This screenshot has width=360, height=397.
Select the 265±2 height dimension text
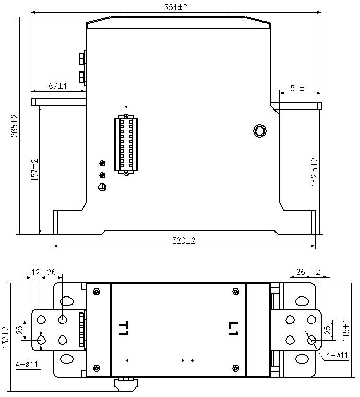14,126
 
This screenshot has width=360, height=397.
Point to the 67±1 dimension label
58,86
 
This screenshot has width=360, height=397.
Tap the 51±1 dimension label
299,88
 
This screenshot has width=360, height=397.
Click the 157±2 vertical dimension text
35,170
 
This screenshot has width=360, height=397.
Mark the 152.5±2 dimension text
315,172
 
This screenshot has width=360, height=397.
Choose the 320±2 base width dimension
183,240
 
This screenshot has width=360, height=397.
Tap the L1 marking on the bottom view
233,328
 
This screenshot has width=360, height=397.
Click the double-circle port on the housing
259,130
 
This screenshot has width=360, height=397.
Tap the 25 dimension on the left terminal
19,330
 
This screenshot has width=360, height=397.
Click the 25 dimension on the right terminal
328,330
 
